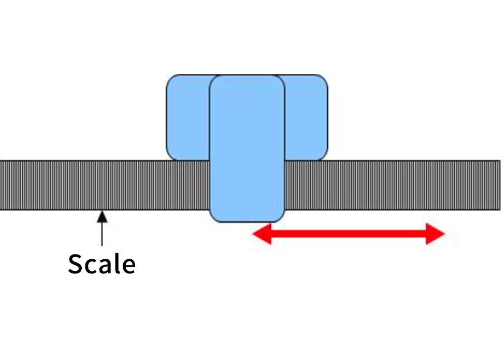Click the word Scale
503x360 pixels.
point(101,264)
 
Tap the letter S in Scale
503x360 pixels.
point(76,264)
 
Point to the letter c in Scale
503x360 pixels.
point(90,266)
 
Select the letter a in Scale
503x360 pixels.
point(104,266)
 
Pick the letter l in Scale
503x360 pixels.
point(116,263)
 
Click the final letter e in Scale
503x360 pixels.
point(127,266)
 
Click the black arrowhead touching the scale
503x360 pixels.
point(102,215)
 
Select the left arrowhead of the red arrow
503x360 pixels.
point(261,234)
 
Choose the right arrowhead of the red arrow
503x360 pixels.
point(436,234)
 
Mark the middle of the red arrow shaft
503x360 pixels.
point(348,234)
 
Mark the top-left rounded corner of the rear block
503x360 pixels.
point(172,80)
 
